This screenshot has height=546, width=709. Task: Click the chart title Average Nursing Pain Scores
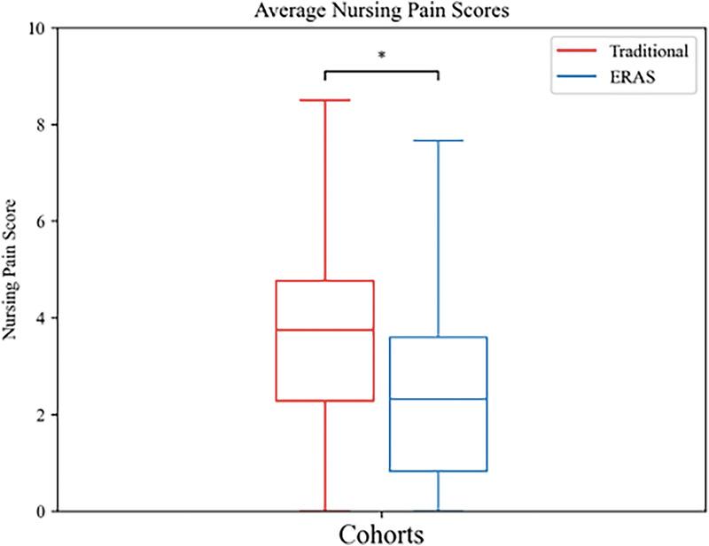click(382, 11)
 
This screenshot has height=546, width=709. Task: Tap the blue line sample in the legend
click(575, 78)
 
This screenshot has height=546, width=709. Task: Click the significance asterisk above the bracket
click(382, 56)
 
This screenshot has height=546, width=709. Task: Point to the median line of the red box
click(325, 330)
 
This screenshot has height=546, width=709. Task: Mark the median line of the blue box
click(439, 399)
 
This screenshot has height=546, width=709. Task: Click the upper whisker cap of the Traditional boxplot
click(325, 100)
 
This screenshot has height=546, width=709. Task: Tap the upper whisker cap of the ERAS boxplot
click(439, 140)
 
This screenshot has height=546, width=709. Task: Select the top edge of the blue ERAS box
click(439, 337)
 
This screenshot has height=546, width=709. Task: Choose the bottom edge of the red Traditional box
click(325, 401)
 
